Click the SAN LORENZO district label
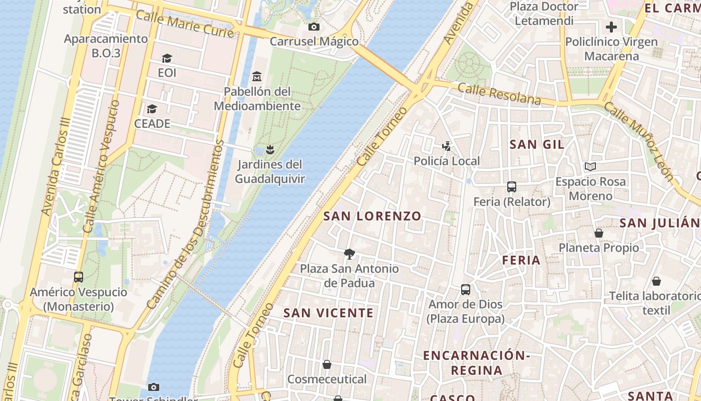pos(372,216)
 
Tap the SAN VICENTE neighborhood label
pos(328,313)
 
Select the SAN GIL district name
pos(537,144)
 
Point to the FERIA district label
pos(521,260)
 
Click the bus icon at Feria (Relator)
pos(511,187)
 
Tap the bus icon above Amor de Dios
pos(465,289)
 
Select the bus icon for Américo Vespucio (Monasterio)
pos(78,277)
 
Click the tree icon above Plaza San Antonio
pos(349,254)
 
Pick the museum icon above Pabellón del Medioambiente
pos(257,77)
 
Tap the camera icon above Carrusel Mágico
pos(314,27)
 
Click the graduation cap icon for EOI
pos(167,59)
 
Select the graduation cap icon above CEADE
pos(152,109)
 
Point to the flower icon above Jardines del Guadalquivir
pos(270,149)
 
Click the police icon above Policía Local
pos(446,146)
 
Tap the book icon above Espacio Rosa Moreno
pos(590,166)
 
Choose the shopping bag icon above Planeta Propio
pos(598,233)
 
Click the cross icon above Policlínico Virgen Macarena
pos(611,27)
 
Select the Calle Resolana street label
pos(499,94)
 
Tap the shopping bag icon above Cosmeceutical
pos(327,364)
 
